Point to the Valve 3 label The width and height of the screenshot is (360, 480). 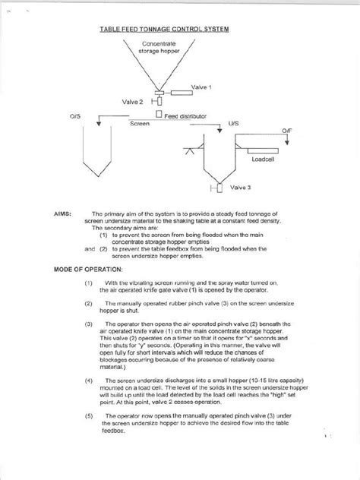(238, 186)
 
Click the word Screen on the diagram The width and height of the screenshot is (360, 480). (140, 122)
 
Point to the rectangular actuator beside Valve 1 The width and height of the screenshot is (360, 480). (182, 93)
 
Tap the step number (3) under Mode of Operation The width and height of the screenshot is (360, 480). (89, 321)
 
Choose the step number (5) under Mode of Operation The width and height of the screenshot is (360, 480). (89, 416)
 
